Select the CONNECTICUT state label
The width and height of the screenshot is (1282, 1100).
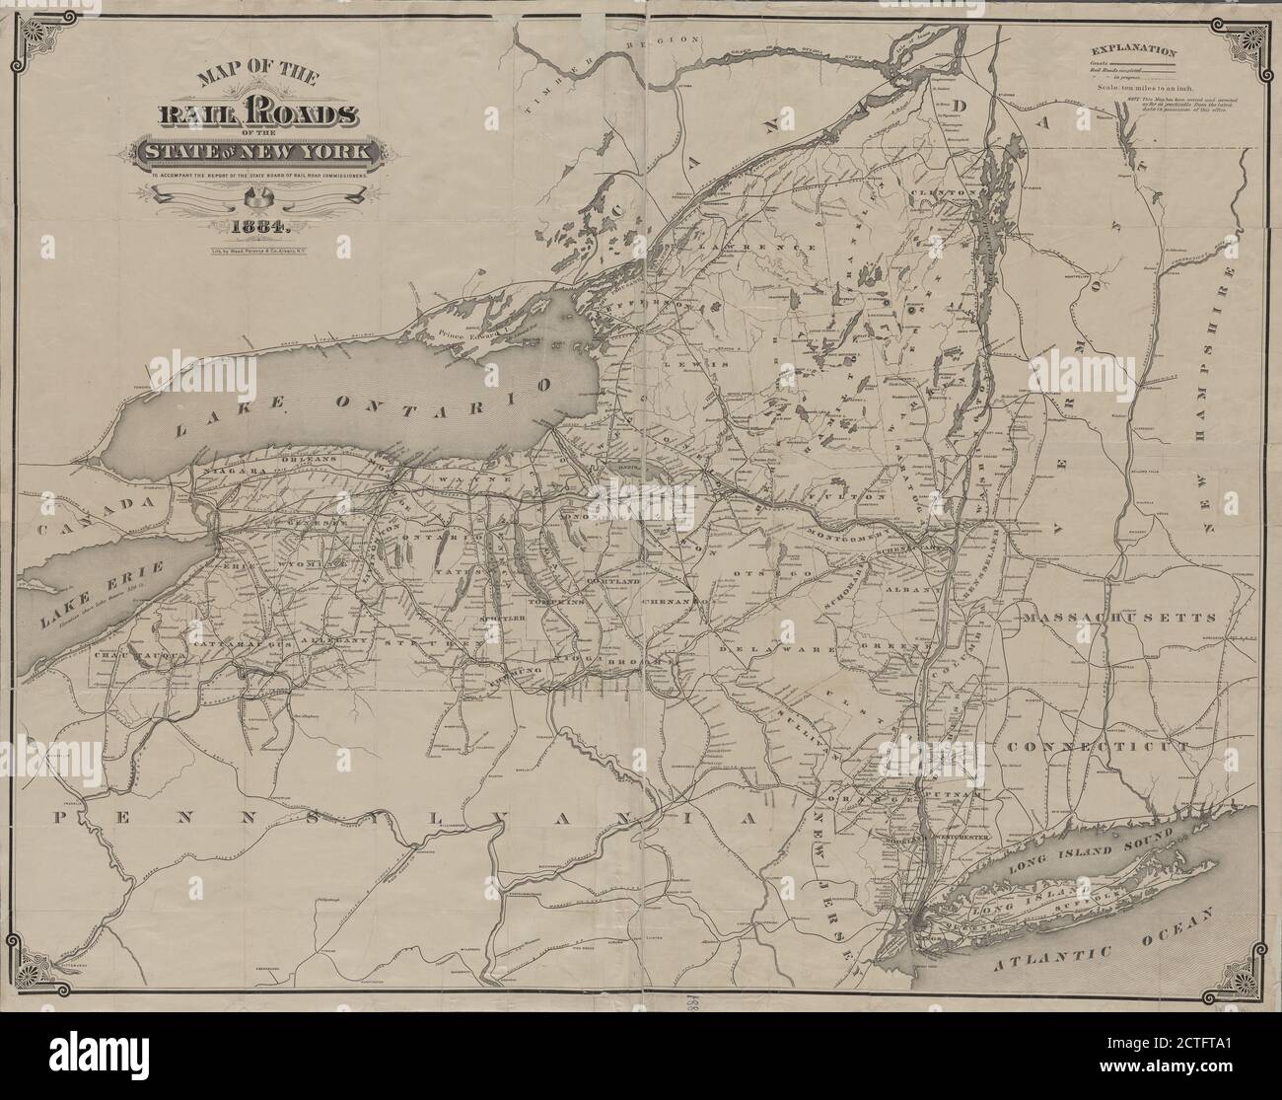click(x=1099, y=747)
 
